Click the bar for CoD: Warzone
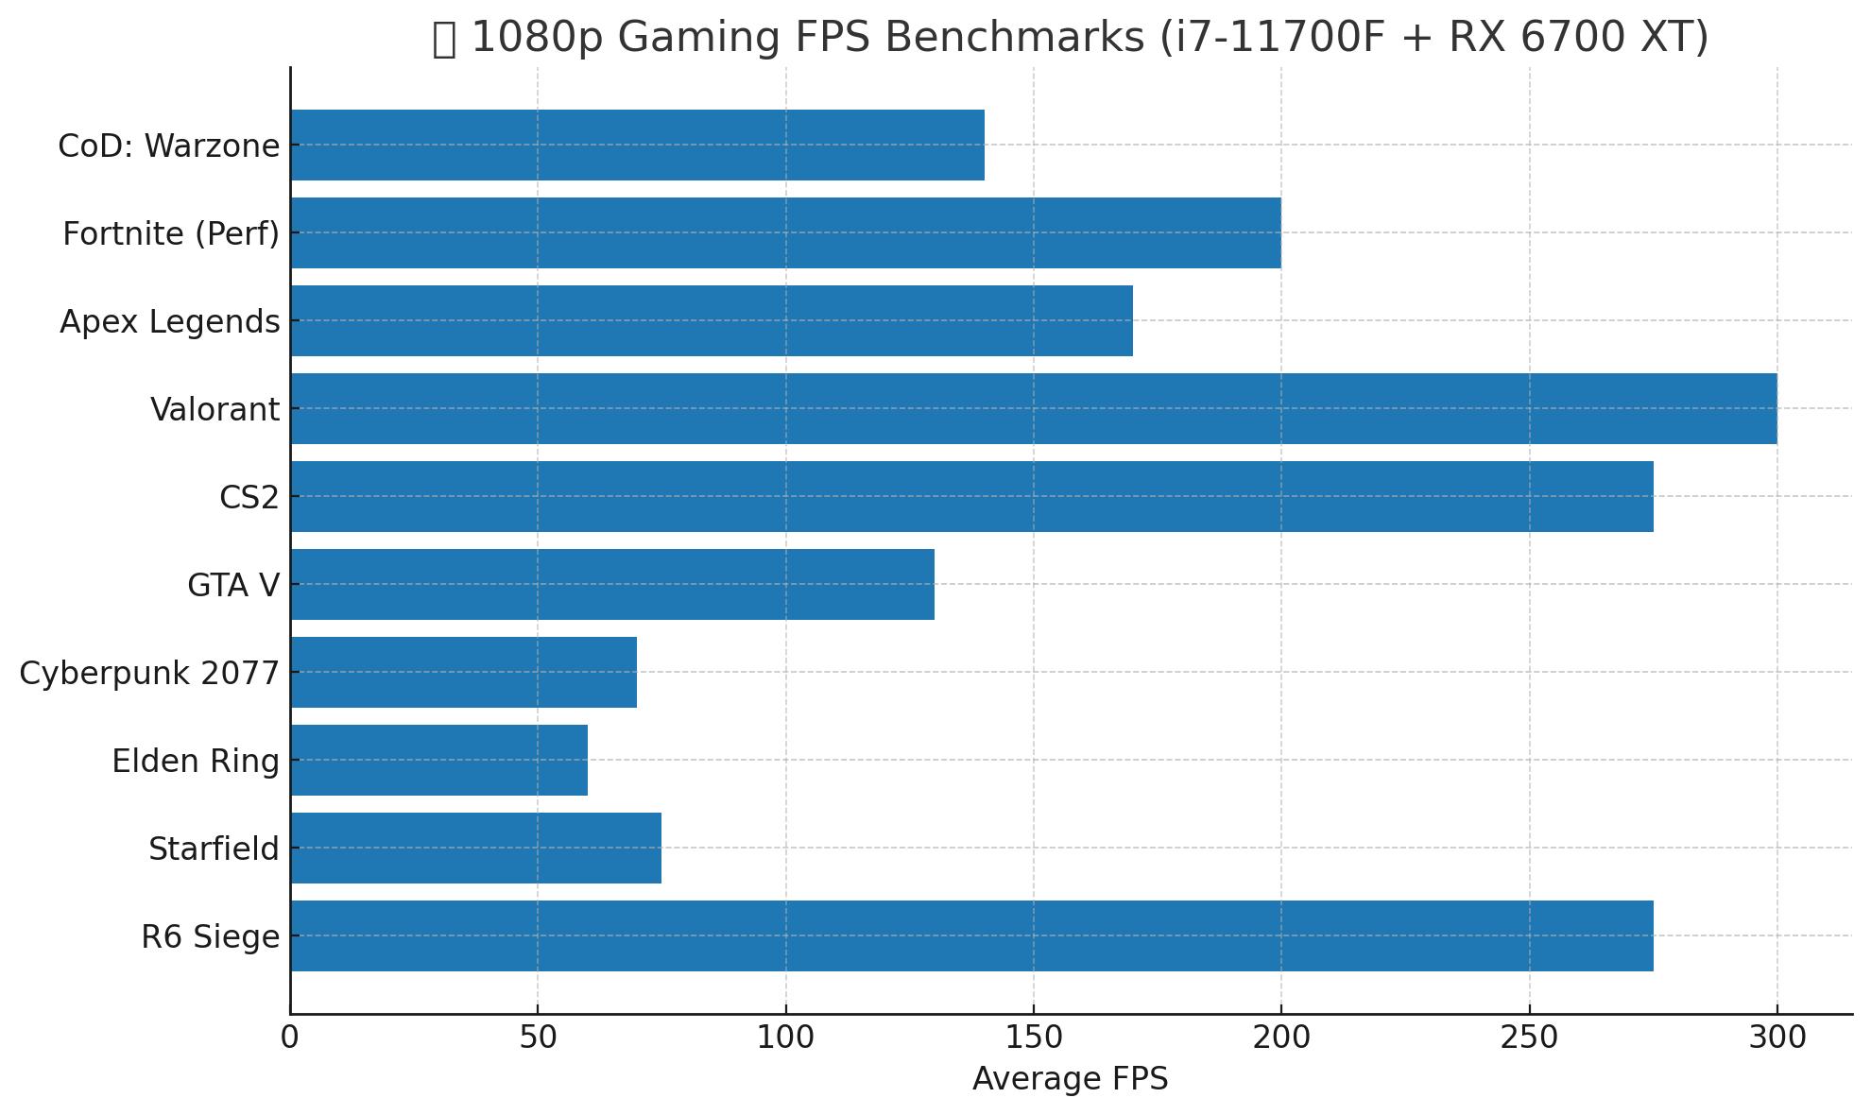click(638, 145)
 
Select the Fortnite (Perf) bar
click(786, 232)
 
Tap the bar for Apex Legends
click(712, 320)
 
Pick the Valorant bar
click(1034, 408)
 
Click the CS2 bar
click(972, 496)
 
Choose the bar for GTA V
click(612, 584)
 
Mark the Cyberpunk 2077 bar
click(464, 672)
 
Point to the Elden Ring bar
click(439, 760)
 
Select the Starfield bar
click(476, 848)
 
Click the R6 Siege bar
click(972, 935)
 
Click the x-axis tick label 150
click(1034, 1038)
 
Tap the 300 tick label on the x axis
click(1777, 1038)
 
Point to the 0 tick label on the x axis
click(290, 1038)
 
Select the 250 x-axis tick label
click(1529, 1038)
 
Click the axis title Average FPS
click(1071, 1079)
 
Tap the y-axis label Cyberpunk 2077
click(149, 674)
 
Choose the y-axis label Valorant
click(215, 410)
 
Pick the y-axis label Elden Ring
click(196, 762)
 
